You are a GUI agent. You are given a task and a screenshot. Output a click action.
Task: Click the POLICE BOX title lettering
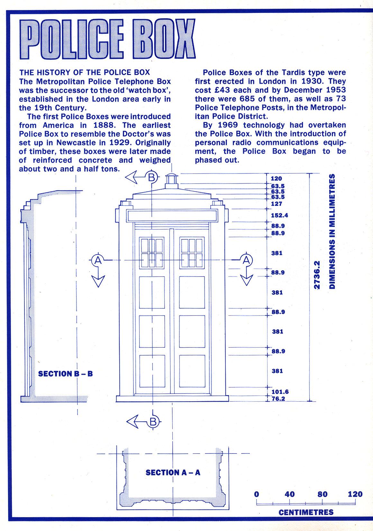coord(107,39)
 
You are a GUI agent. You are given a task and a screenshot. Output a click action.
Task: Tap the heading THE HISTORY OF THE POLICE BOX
coord(85,72)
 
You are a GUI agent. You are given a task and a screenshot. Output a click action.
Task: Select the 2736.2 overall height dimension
coord(317,275)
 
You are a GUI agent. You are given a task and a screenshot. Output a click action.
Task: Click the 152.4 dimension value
coord(279,215)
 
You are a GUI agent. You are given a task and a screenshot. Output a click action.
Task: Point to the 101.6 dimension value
coord(280,392)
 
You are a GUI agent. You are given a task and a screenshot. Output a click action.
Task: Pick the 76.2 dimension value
coord(278,398)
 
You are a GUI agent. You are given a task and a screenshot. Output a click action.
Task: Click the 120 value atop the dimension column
coord(276,179)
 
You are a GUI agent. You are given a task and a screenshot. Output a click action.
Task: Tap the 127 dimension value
coord(277,204)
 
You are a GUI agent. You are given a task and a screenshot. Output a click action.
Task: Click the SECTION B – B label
coord(65,374)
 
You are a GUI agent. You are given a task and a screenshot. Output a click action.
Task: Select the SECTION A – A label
coord(173,472)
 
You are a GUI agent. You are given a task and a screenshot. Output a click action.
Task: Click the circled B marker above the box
coord(151,177)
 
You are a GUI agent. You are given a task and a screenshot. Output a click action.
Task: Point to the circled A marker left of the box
coord(98,260)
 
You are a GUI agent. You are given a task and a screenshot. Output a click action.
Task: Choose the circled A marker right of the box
coord(246,260)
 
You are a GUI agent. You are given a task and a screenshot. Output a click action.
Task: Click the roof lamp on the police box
coord(171,181)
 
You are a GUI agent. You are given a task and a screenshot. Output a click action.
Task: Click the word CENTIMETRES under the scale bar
coord(306,512)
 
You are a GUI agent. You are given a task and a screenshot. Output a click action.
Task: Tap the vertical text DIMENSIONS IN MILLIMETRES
coord(332,231)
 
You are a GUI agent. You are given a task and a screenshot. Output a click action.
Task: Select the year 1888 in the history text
coord(102,126)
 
